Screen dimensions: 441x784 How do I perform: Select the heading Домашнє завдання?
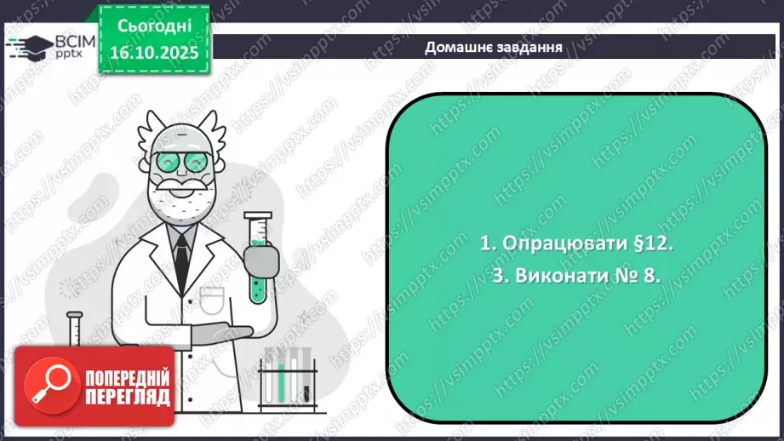(x=493, y=47)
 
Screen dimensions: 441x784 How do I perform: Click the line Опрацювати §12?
(x=576, y=243)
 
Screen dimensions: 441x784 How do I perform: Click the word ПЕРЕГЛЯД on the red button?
(x=128, y=398)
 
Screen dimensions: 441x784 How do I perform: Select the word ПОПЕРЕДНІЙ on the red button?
(x=128, y=377)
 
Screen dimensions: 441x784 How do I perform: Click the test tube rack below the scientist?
(x=289, y=379)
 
